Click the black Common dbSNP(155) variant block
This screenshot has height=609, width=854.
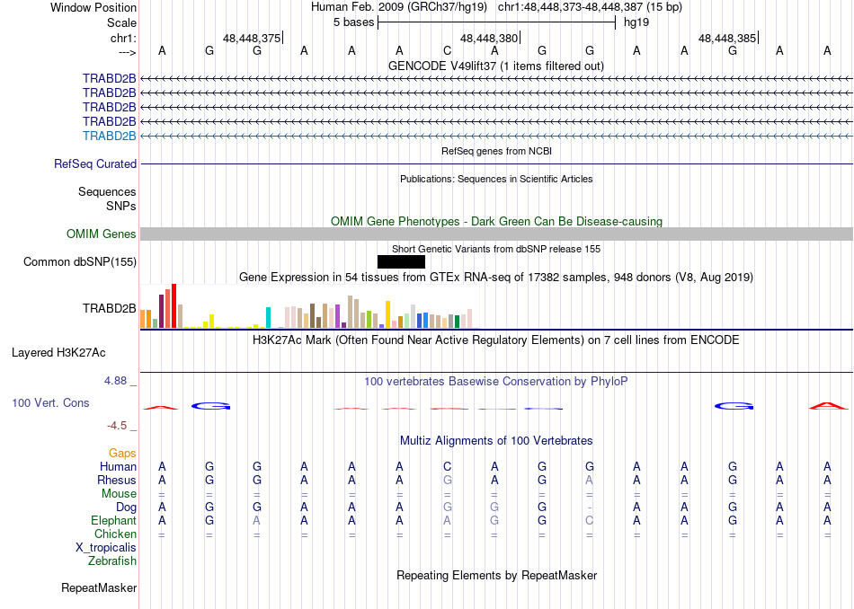(x=401, y=261)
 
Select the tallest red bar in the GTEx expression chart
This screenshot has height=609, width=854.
(x=173, y=306)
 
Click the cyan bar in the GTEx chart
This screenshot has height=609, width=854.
(x=268, y=317)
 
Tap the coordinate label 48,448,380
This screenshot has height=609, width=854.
(x=489, y=39)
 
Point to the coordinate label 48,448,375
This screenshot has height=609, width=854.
(x=252, y=39)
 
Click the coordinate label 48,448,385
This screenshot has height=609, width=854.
(x=727, y=39)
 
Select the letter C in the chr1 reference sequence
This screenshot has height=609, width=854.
(x=447, y=50)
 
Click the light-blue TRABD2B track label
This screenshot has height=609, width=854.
(x=109, y=136)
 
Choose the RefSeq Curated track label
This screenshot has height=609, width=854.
(x=95, y=164)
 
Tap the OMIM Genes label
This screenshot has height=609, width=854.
(x=102, y=234)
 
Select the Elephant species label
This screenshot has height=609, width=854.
(x=113, y=521)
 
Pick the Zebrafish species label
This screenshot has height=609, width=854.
(x=112, y=561)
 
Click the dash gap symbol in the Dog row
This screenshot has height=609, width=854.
(x=589, y=507)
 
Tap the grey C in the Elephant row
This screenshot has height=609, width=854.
(x=589, y=521)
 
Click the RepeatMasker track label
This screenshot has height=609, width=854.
(x=99, y=588)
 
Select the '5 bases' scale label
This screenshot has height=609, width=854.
(x=351, y=22)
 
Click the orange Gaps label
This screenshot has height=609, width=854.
(x=122, y=454)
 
